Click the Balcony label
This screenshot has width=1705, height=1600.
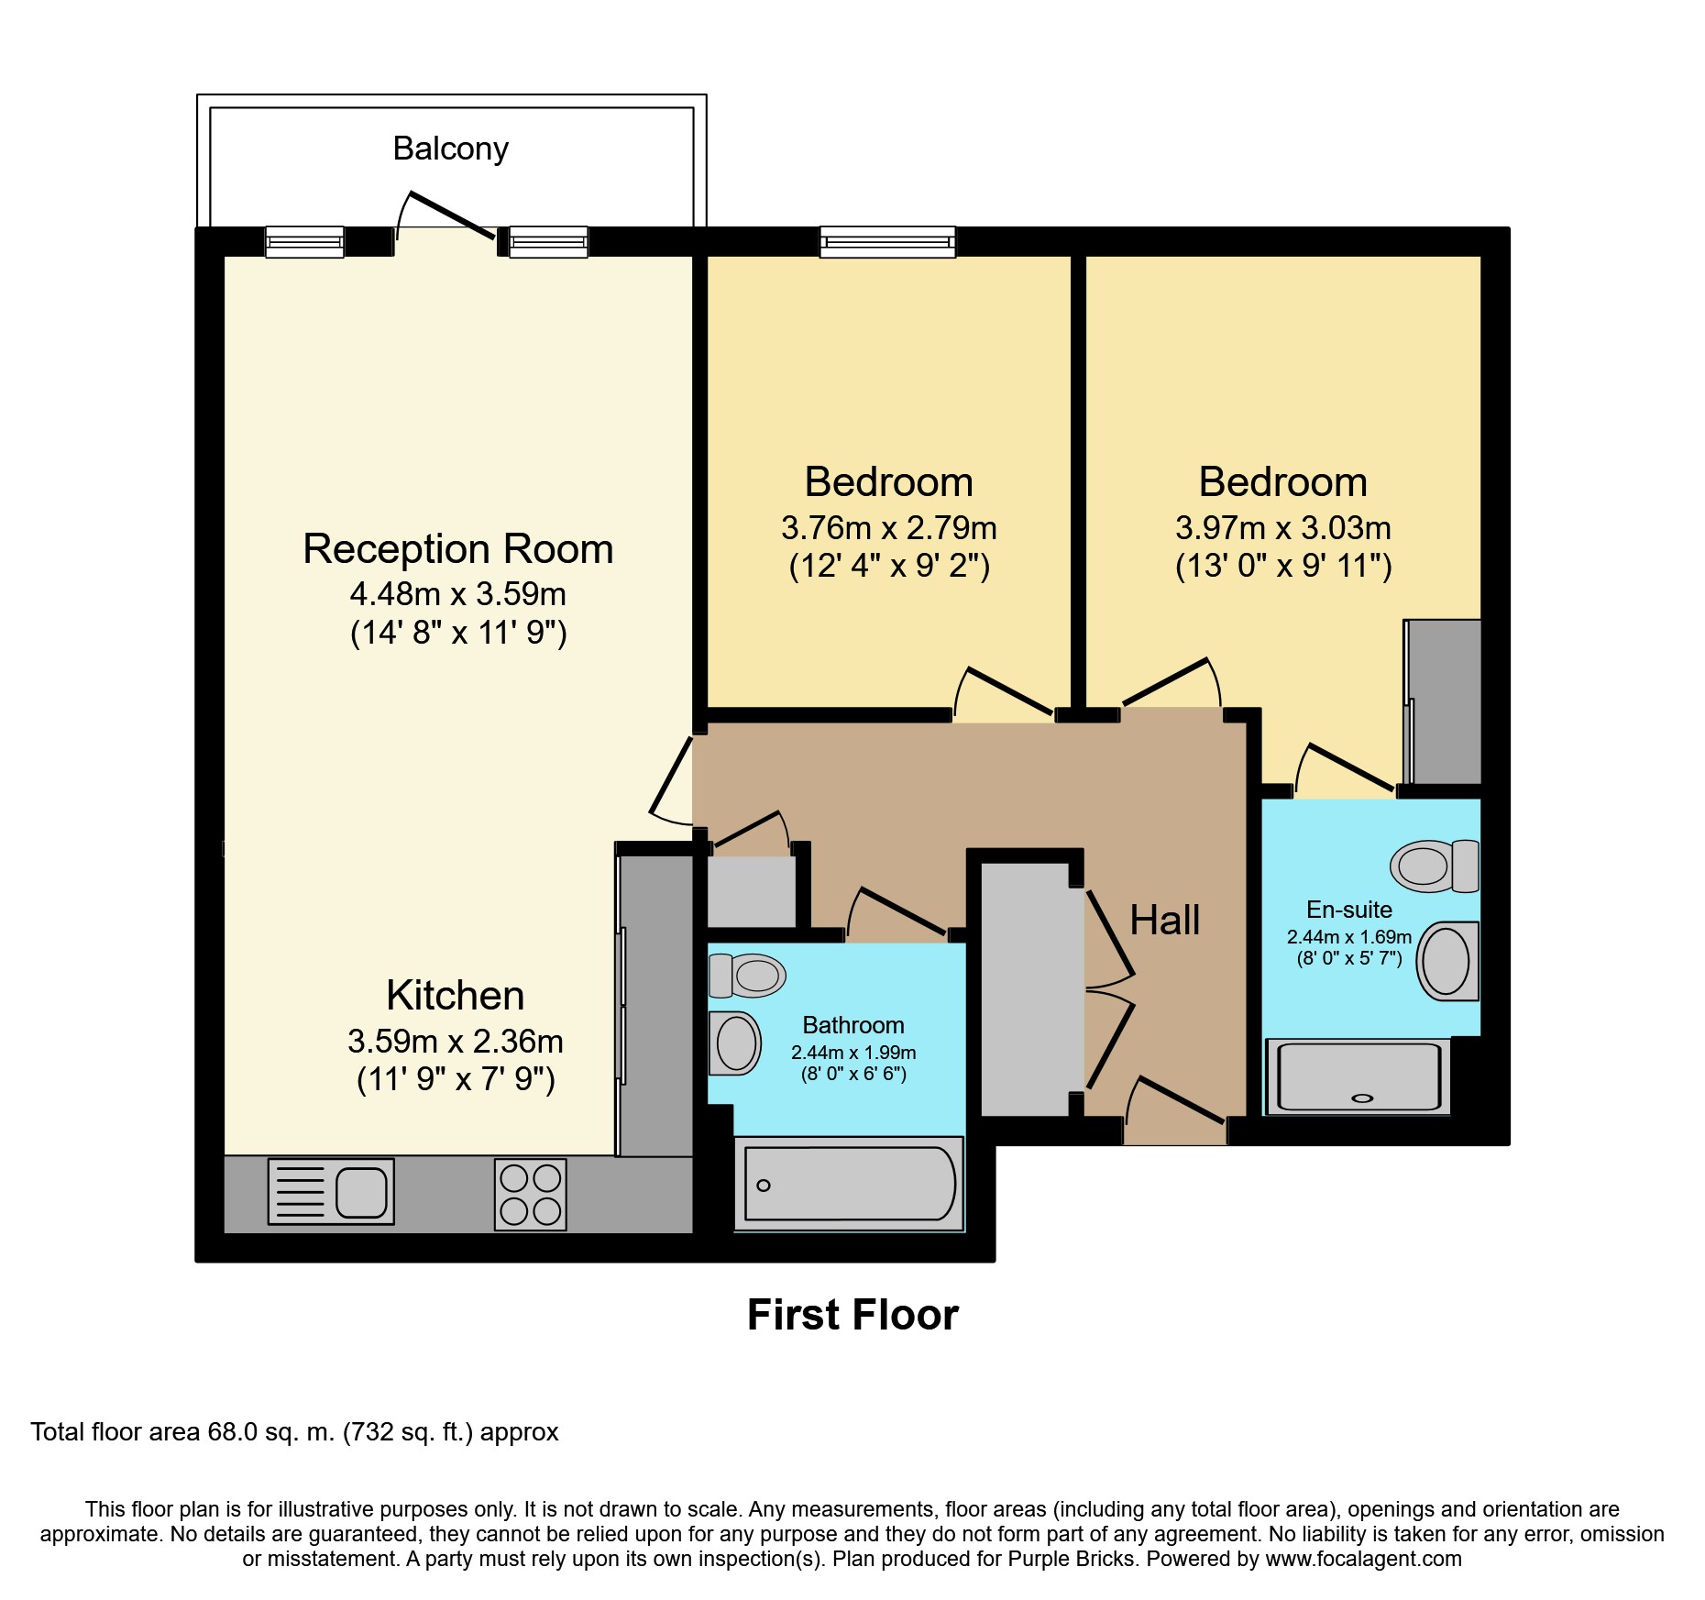[x=450, y=149]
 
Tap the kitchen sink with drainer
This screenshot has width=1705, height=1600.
[x=331, y=1191]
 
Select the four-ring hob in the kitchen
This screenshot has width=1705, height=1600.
[x=531, y=1195]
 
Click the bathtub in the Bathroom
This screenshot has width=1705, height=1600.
[x=849, y=1184]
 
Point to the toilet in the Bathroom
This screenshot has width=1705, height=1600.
[x=747, y=976]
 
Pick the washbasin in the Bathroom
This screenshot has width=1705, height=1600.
[x=735, y=1043]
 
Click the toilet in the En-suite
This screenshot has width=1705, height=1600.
[x=1435, y=866]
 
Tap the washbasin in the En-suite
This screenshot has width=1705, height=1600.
[x=1448, y=961]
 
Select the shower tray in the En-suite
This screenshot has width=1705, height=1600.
[x=1358, y=1076]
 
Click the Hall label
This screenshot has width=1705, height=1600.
[x=1164, y=920]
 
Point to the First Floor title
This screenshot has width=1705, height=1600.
[x=852, y=1315]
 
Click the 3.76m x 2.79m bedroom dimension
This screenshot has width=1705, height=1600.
[x=888, y=528]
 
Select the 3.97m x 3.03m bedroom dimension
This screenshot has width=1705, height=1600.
[x=1283, y=528]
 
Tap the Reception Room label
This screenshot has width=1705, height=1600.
[x=458, y=548]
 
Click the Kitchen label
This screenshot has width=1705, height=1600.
[x=456, y=995]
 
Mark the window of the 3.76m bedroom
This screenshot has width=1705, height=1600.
[x=887, y=242]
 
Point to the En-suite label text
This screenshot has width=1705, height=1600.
[x=1349, y=910]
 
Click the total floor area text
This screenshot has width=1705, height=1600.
[x=294, y=1432]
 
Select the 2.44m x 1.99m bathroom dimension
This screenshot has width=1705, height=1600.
[x=853, y=1053]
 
